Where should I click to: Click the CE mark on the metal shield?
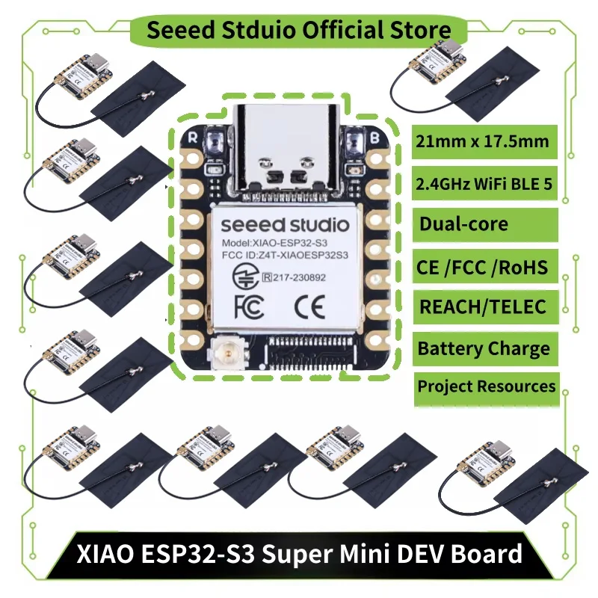click(x=307, y=306)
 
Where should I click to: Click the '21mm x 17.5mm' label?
click(x=484, y=141)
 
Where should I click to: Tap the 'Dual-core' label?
click(x=463, y=224)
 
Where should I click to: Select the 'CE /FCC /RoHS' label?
click(x=484, y=266)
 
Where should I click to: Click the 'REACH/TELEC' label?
click(x=482, y=306)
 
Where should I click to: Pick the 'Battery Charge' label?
click(x=484, y=348)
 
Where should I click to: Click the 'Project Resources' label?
click(x=486, y=386)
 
